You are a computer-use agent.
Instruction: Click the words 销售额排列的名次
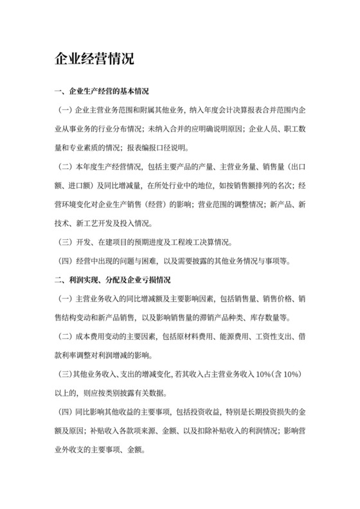pos(259,186)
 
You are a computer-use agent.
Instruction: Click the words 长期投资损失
pos(271,411)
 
